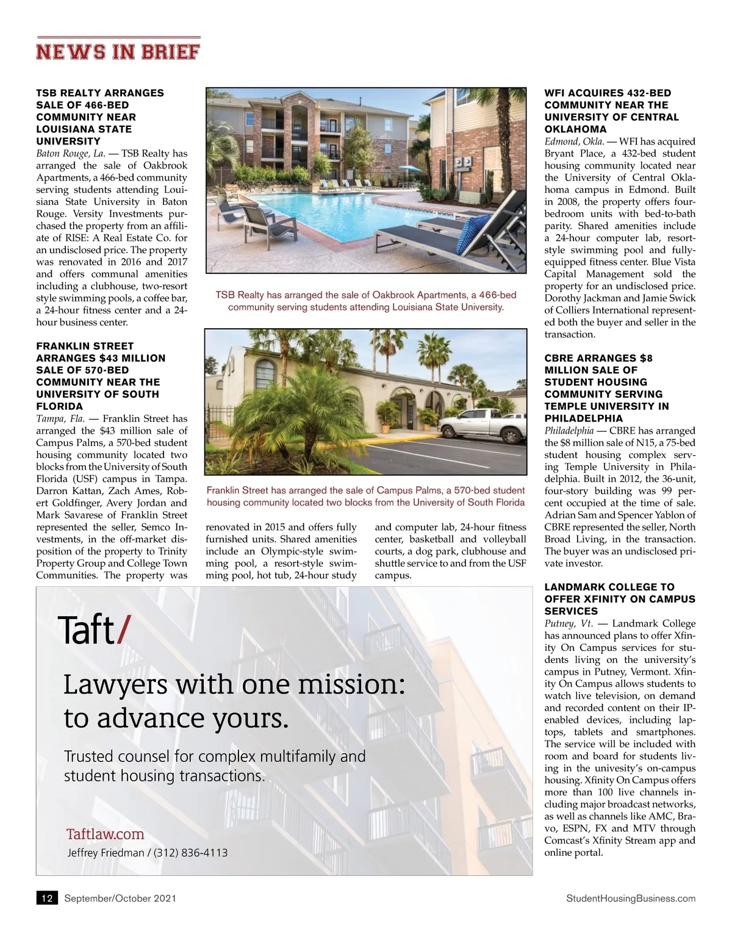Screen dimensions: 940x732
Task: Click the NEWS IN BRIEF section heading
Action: pos(118,51)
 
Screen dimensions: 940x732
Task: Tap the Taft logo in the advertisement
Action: pos(93,630)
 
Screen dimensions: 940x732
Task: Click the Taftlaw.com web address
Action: pos(105,834)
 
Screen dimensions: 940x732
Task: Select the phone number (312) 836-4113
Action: pos(190,853)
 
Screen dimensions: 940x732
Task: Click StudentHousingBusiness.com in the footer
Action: pos(631,898)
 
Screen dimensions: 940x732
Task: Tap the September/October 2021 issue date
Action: pos(120,898)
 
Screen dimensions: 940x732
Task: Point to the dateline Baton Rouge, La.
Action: pos(71,153)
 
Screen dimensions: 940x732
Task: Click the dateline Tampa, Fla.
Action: pos(60,418)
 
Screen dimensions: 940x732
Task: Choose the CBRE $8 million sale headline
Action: pos(606,388)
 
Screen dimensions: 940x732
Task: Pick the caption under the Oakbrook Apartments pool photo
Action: pos(366,301)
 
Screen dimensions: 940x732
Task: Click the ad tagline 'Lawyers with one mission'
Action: pos(234,701)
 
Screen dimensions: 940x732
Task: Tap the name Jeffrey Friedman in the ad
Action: pos(105,853)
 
